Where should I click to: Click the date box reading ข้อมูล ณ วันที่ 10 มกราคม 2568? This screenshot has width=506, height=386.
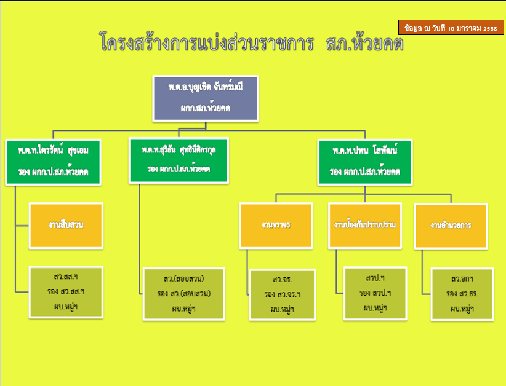(451, 28)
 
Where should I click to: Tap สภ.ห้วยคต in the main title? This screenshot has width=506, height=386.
(366, 43)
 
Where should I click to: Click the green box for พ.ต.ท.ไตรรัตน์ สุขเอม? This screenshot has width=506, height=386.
(54, 160)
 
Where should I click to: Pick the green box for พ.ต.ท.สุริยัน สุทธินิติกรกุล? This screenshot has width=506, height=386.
(179, 159)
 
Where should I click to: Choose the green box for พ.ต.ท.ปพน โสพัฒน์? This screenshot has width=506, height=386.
(365, 160)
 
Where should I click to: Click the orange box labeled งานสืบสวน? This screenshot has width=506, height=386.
(66, 225)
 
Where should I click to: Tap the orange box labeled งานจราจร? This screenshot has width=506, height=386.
(276, 225)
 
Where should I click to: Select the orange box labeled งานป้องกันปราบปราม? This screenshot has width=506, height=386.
(364, 225)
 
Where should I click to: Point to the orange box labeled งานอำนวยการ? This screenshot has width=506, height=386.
(451, 225)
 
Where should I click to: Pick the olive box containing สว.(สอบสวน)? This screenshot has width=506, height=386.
(184, 294)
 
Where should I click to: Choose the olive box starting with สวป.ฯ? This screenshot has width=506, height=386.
(375, 293)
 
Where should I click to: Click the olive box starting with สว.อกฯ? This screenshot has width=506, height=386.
(462, 294)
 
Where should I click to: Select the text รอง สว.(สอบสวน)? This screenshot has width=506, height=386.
(184, 294)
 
